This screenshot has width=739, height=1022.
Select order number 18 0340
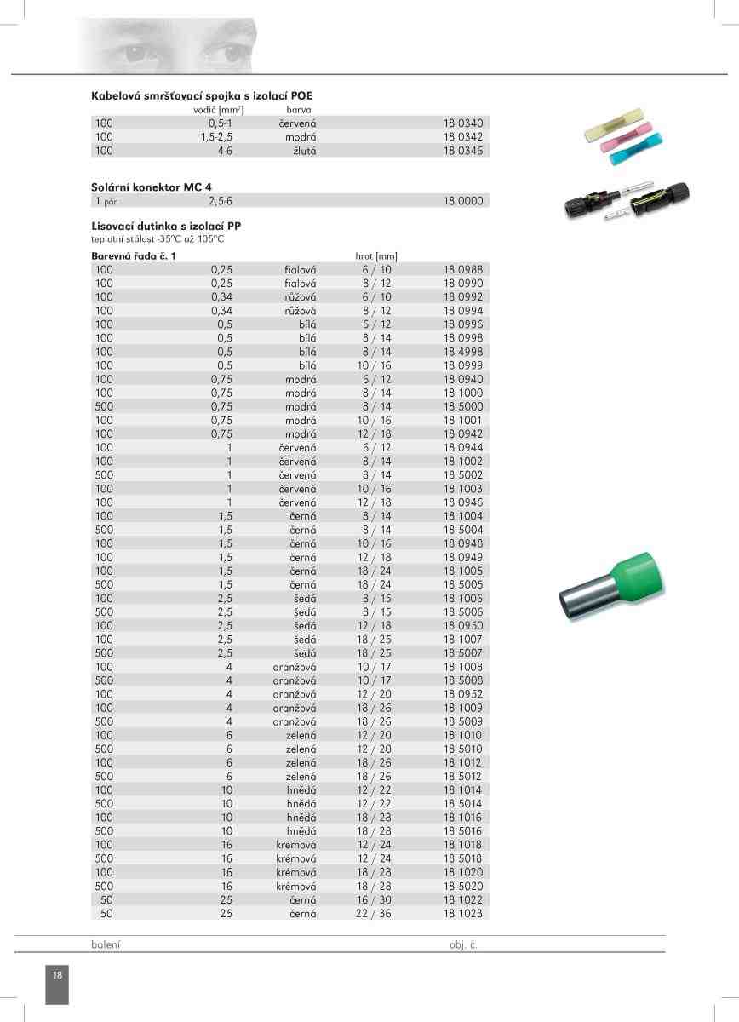click(462, 123)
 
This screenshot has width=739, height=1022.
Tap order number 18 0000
click(462, 201)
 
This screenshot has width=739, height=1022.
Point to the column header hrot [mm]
click(375, 255)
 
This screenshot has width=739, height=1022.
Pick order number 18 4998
click(462, 352)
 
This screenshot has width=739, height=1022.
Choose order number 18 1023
click(462, 913)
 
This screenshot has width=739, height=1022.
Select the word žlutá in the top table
click(303, 151)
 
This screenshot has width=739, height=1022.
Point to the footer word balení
click(106, 945)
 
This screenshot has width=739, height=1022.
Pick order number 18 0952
click(462, 694)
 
